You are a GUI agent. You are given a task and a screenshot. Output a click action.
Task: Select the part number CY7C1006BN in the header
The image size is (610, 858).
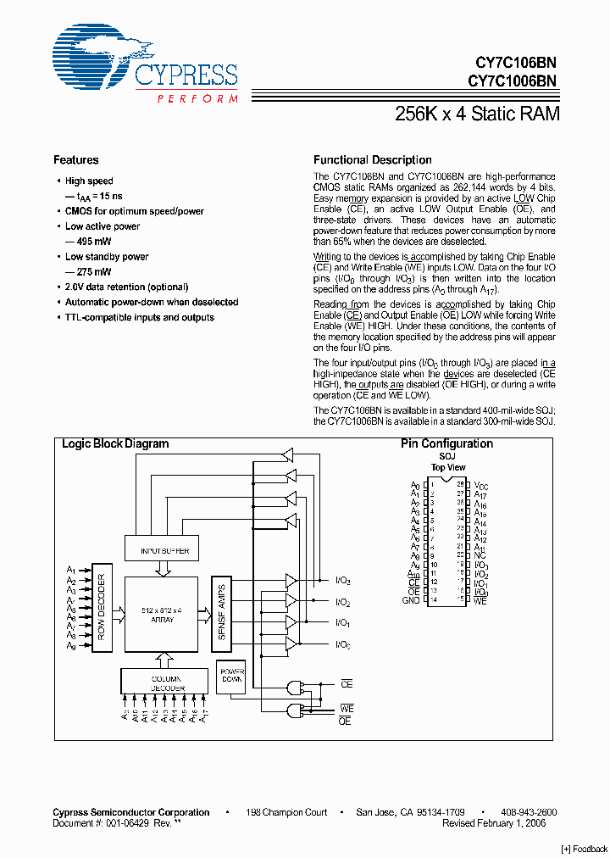pyautogui.click(x=511, y=81)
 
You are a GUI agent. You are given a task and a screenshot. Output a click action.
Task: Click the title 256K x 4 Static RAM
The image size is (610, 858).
pyautogui.click(x=477, y=114)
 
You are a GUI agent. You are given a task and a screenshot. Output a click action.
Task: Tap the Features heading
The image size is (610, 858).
pyautogui.click(x=75, y=159)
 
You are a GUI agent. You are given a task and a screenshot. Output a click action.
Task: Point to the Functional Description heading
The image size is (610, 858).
pyautogui.click(x=372, y=159)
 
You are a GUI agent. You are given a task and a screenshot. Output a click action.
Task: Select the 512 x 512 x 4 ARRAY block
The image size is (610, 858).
pyautogui.click(x=163, y=615)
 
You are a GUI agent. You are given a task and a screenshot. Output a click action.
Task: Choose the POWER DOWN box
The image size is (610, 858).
pyautogui.click(x=231, y=672)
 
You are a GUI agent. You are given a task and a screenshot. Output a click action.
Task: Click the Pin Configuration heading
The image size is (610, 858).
pyautogui.click(x=446, y=443)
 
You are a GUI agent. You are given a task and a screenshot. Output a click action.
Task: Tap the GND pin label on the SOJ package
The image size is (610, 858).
pyautogui.click(x=411, y=600)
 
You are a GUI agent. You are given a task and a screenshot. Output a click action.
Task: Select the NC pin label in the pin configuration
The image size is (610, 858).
pyautogui.click(x=480, y=556)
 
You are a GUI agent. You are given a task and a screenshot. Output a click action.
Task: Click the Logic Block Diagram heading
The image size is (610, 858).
pyautogui.click(x=115, y=443)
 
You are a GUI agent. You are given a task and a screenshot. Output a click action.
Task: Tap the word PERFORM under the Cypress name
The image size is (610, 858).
pyautogui.click(x=197, y=99)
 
